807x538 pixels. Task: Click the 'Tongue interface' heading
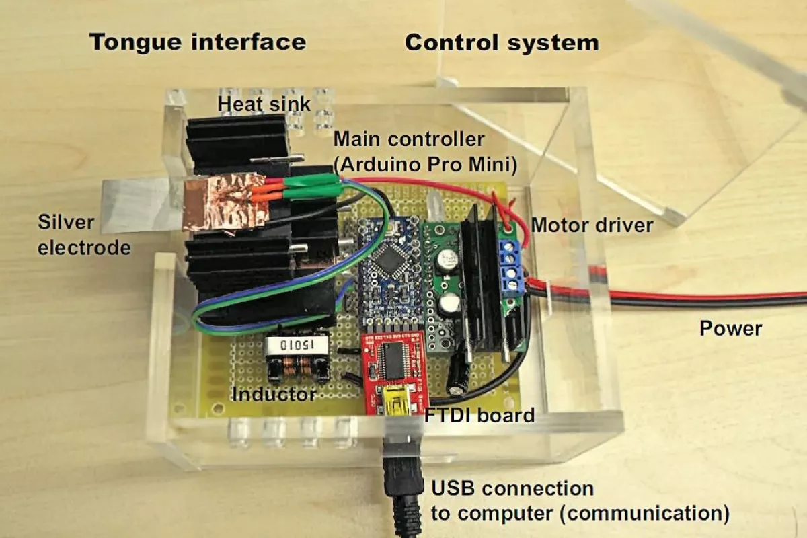[x=198, y=42]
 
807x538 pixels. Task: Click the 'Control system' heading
[x=501, y=43]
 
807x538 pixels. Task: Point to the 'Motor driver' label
[x=592, y=225]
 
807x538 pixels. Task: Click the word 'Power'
[x=730, y=329]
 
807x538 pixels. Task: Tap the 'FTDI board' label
[x=479, y=415]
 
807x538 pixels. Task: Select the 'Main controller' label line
[x=409, y=140]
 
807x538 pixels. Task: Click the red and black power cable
[x=672, y=299]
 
